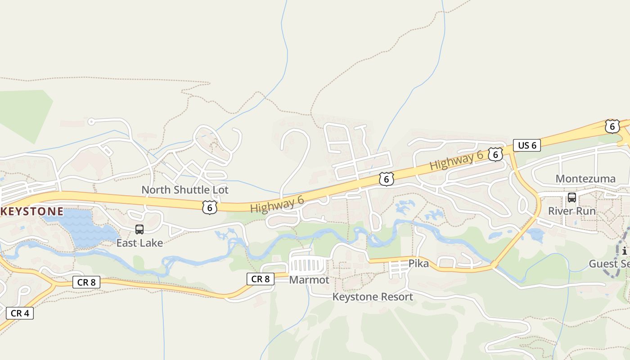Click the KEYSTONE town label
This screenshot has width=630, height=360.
[31, 211]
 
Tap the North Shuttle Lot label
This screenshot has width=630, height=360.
[185, 190]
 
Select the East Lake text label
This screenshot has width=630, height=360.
[139, 243]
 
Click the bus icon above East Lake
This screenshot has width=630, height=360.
[139, 229]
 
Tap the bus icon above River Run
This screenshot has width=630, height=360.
[571, 197]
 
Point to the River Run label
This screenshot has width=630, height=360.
[571, 211]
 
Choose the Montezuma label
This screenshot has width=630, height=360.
[585, 179]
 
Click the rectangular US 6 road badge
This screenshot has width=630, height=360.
[527, 145]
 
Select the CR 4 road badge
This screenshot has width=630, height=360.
[20, 313]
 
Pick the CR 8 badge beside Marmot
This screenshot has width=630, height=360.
[261, 279]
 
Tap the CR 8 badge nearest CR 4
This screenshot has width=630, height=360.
[86, 282]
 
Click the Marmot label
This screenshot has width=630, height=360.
[309, 280]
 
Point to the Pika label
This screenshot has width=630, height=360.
[418, 263]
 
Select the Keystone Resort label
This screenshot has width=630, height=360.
[373, 297]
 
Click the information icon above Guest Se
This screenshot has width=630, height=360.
[625, 251]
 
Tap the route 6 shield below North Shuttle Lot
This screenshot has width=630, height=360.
[210, 207]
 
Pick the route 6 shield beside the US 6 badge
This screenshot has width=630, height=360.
[495, 154]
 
